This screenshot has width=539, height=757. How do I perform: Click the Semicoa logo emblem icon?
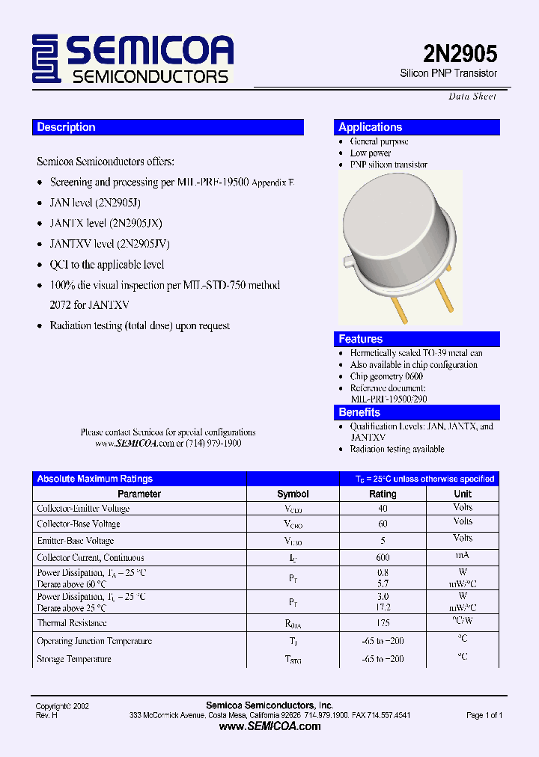46,59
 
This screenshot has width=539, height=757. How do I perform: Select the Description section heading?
67,127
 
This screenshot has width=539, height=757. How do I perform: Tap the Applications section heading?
371,127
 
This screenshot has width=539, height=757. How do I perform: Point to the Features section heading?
360,339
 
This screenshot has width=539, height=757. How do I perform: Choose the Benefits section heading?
359,412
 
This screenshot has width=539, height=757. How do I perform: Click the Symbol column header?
293,494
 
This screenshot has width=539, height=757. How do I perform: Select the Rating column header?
383,494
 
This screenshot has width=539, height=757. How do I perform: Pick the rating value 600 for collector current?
383,557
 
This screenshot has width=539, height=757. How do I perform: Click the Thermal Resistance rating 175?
383,622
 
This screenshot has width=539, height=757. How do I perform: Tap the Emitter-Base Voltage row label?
76,541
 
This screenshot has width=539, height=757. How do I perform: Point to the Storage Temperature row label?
74,659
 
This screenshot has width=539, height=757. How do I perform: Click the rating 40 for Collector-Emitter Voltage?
383,508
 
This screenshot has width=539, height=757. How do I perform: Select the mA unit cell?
463,556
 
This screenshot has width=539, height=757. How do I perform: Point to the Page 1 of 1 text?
484,715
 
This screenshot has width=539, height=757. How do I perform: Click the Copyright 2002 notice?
63,706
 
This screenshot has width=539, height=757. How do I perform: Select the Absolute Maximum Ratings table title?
95,479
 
